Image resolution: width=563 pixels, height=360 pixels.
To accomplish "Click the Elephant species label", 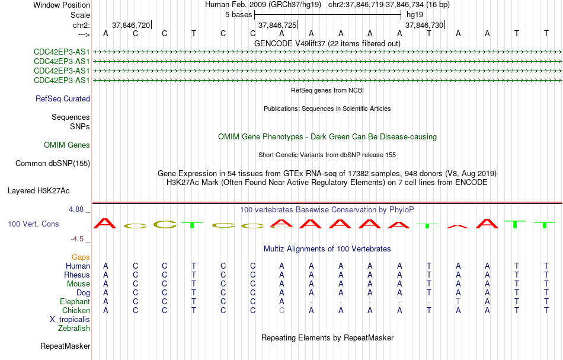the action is click(75, 302).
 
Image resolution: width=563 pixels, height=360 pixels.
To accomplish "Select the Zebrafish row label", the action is click(74, 329).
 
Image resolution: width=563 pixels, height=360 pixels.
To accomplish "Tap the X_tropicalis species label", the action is click(70, 320).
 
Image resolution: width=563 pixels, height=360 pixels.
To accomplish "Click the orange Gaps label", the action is click(81, 257).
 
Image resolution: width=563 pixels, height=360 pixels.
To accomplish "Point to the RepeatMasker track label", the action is click(65, 346).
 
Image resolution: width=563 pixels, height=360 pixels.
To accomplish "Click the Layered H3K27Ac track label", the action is click(39, 191).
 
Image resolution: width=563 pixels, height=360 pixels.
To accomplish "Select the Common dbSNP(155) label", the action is click(52, 164).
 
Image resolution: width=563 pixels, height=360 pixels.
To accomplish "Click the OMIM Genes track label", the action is click(67, 145).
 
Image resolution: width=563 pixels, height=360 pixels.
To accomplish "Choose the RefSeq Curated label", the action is click(62, 99).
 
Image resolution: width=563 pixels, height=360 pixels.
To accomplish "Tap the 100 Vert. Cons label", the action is click(33, 224).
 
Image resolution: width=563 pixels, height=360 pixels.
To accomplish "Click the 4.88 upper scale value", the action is click(76, 209).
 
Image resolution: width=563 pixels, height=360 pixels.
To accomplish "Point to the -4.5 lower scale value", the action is click(77, 239).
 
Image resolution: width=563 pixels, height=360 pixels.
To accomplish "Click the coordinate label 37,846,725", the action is click(277, 25).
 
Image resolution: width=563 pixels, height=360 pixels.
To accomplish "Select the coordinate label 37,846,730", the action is click(424, 25).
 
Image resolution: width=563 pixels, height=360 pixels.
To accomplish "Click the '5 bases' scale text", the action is click(238, 15).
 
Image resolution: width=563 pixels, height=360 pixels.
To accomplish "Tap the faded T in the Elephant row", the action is click(458, 302).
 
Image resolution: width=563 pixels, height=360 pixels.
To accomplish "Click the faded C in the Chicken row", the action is click(282, 310).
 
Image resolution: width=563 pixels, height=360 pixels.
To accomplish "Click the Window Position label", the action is click(62, 5).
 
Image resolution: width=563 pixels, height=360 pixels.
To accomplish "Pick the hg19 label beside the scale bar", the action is click(415, 15).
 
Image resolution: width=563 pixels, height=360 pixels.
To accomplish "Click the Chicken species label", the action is click(76, 310).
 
